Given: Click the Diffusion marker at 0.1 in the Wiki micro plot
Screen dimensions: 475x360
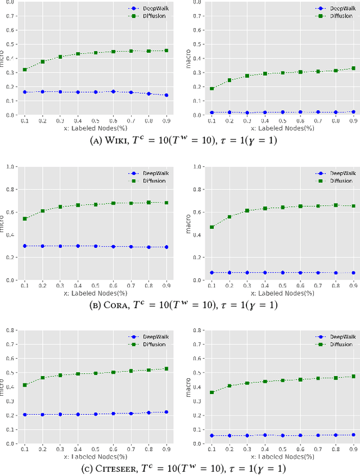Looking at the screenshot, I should coord(25,70).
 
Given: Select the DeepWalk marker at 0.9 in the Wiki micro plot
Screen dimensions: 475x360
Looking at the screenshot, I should coord(166,95).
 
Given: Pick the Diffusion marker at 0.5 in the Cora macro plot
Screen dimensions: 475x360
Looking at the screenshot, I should coord(283,207).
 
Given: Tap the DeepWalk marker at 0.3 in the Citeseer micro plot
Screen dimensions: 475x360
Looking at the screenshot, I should coord(60,414).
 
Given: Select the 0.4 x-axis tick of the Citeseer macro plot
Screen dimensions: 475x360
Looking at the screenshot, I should coord(265,450).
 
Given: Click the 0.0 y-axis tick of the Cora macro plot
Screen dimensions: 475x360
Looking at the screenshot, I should coord(197,280).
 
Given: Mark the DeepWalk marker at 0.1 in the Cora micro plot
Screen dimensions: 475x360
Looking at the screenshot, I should coord(25,246).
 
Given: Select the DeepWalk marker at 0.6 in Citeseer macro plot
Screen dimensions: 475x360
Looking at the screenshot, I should coord(300,436).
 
